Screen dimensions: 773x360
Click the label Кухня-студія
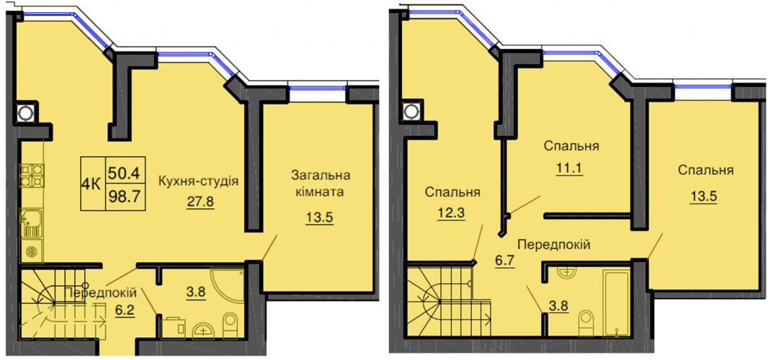pyautogui.click(x=198, y=181)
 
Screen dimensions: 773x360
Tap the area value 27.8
pyautogui.click(x=200, y=202)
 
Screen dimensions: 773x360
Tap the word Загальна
pyautogui.click(x=321, y=175)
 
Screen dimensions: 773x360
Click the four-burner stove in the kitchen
pyautogui.click(x=32, y=176)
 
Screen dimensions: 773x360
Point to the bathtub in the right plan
pyautogui.click(x=616, y=302)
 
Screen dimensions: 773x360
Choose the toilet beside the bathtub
pyautogui.click(x=586, y=323)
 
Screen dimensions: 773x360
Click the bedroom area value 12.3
pyautogui.click(x=450, y=214)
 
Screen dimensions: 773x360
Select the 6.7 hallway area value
pyautogui.click(x=505, y=261)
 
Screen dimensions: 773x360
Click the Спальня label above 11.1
pyautogui.click(x=571, y=146)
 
